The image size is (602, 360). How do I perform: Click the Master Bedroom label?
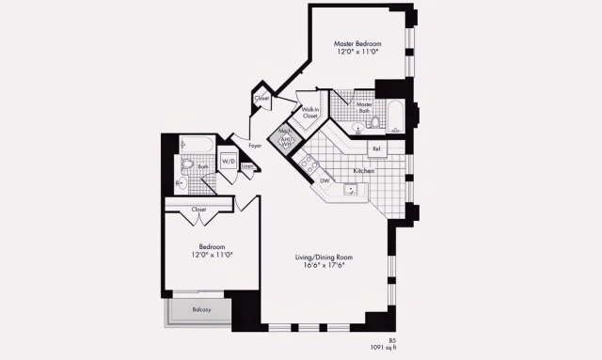tap(357, 43)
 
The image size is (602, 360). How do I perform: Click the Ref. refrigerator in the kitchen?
tap(376, 149)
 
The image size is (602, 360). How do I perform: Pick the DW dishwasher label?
tap(325, 180)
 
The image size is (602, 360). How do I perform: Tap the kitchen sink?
tap(350, 189)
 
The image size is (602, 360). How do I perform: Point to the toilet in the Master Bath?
tap(371, 121)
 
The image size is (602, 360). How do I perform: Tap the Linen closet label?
tap(246, 166)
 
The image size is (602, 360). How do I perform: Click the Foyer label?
tap(255, 146)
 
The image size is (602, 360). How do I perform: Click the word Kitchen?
tap(365, 171)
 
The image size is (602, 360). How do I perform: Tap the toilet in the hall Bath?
tap(188, 165)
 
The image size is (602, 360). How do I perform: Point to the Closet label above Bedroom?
tap(198, 210)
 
